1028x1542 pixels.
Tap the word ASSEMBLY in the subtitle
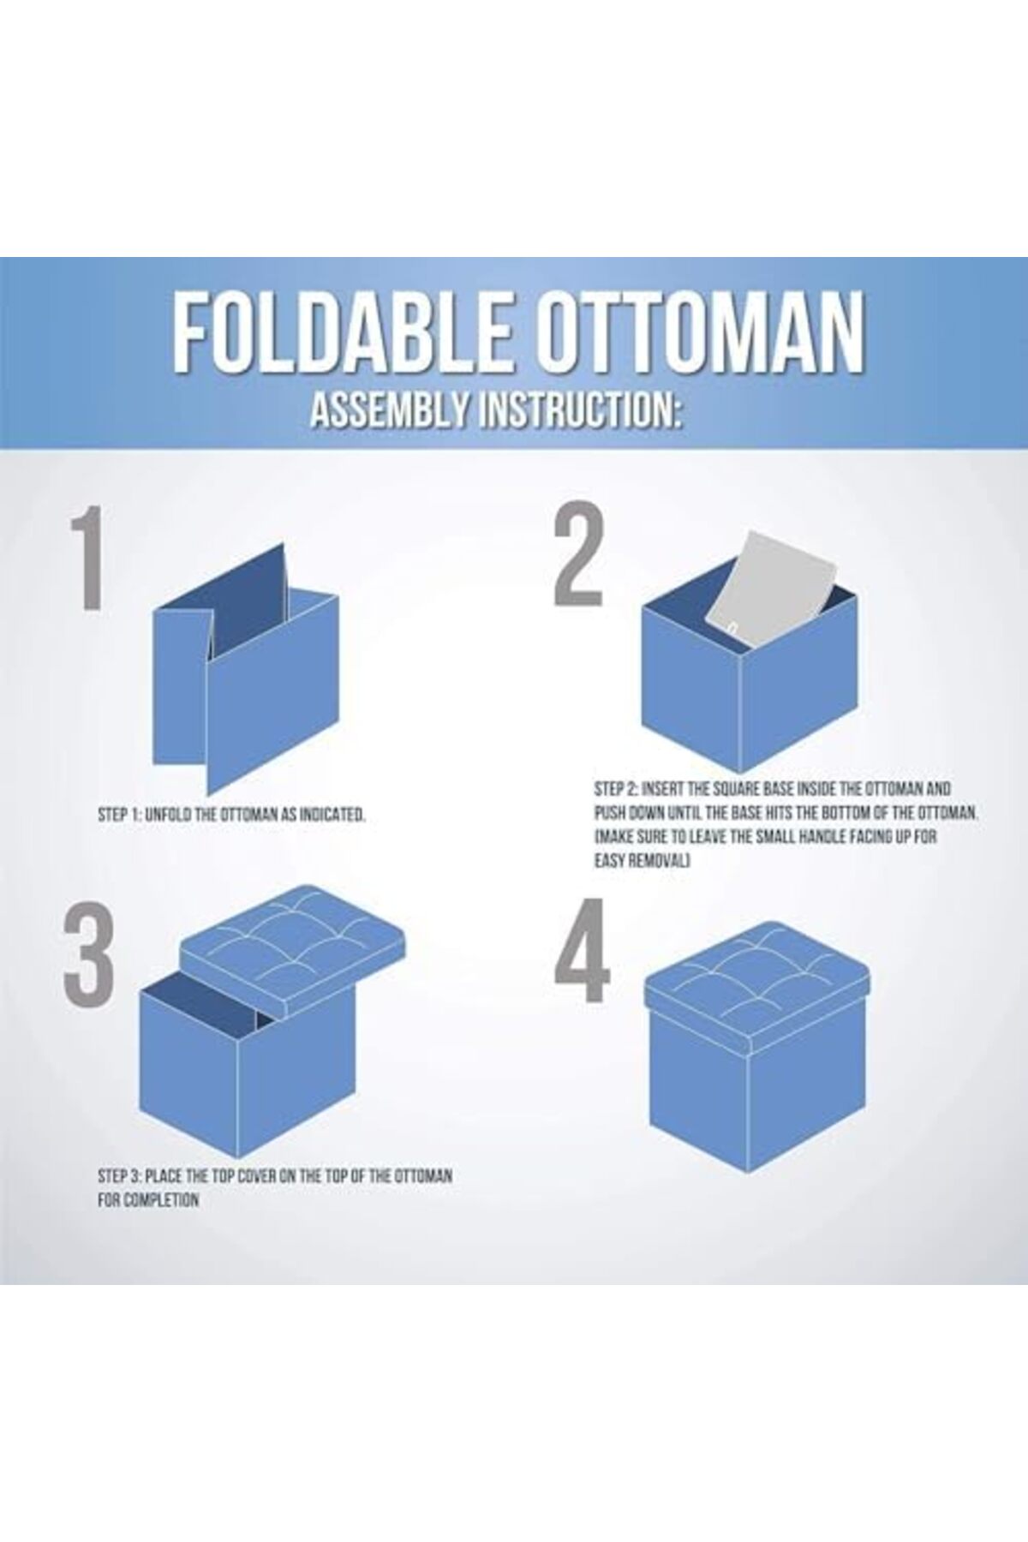coord(388,411)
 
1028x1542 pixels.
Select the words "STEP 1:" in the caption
coord(119,815)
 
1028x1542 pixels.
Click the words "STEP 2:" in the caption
coord(616,788)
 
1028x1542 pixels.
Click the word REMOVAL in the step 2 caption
coord(660,860)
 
